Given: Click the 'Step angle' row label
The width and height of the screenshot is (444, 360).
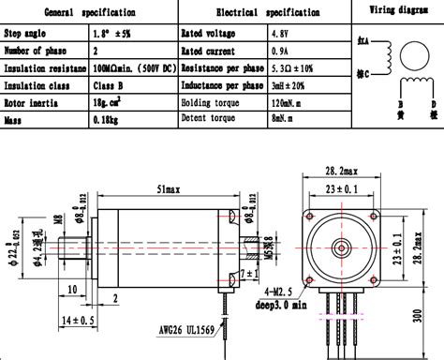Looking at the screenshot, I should [x=30, y=33].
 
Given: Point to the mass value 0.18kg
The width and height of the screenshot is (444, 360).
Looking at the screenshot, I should [x=111, y=120].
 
